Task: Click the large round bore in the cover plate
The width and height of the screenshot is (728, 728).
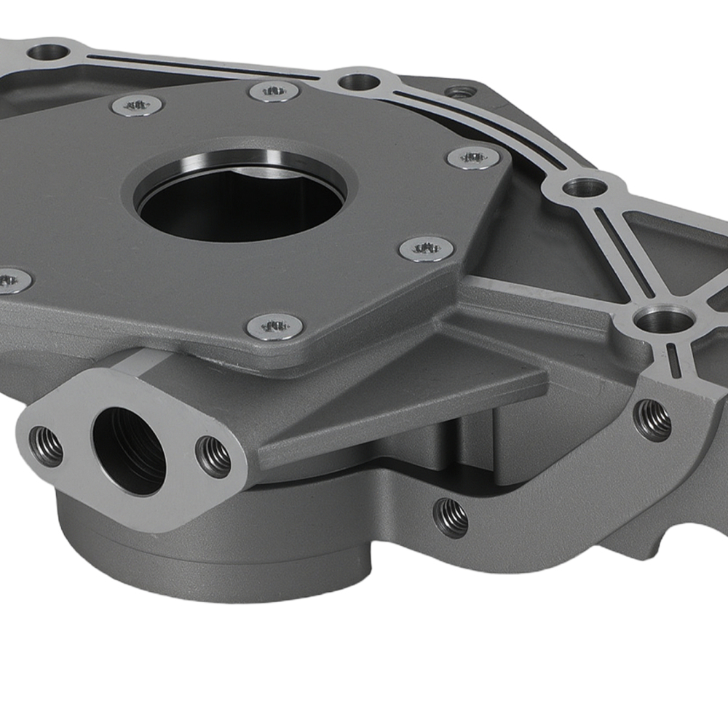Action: [x=240, y=200]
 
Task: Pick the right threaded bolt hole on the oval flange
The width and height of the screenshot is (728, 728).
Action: [x=214, y=456]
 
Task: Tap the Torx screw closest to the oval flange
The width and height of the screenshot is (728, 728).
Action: [x=273, y=326]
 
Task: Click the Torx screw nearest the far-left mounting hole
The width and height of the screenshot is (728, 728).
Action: [x=137, y=105]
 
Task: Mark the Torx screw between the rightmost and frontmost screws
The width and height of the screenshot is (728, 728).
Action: [x=427, y=249]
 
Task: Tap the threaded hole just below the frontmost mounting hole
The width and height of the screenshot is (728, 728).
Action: [x=652, y=419]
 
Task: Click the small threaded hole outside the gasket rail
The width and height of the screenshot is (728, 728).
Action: [x=459, y=92]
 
